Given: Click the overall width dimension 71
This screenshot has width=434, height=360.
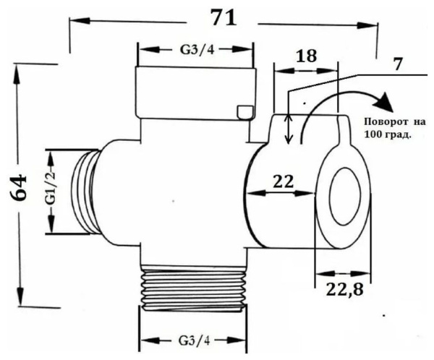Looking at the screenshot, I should (222, 18).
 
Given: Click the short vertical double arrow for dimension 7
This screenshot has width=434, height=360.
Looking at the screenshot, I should (289, 129).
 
